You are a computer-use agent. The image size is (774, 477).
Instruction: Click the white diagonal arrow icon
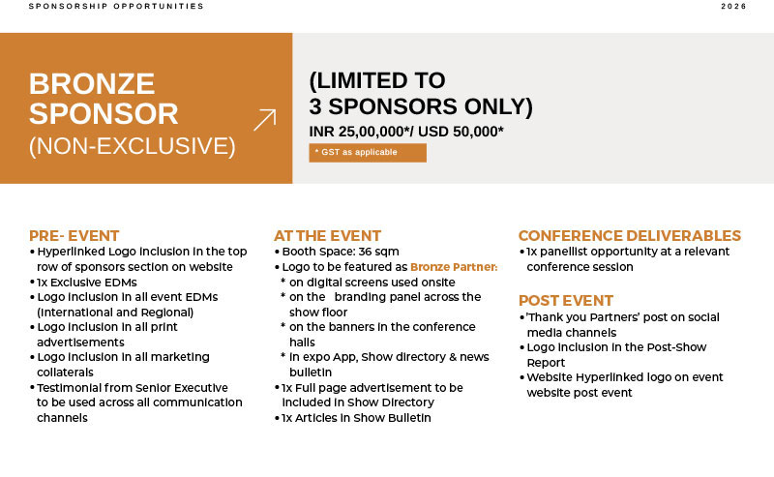click(264, 120)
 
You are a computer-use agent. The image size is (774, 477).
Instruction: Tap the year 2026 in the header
click(733, 7)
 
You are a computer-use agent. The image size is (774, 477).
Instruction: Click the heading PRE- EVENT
click(74, 235)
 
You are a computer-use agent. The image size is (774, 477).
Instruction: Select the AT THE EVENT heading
click(327, 235)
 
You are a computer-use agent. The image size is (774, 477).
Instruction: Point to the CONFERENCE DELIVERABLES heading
click(630, 235)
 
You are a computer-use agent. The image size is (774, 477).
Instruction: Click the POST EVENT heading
click(566, 300)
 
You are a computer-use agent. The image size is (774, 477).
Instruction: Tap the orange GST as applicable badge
click(368, 153)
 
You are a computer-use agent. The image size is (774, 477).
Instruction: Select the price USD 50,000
click(461, 132)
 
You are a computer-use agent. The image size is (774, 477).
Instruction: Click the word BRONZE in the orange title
click(92, 83)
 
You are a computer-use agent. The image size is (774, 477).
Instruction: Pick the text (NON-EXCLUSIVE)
click(133, 146)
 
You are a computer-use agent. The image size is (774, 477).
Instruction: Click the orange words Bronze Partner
click(454, 267)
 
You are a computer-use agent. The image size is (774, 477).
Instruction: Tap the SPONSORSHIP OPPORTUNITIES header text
click(116, 7)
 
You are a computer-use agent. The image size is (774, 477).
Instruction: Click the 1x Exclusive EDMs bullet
click(87, 283)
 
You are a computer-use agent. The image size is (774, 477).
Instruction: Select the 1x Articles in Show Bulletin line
click(356, 418)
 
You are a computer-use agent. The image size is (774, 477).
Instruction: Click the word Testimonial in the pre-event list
click(69, 388)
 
